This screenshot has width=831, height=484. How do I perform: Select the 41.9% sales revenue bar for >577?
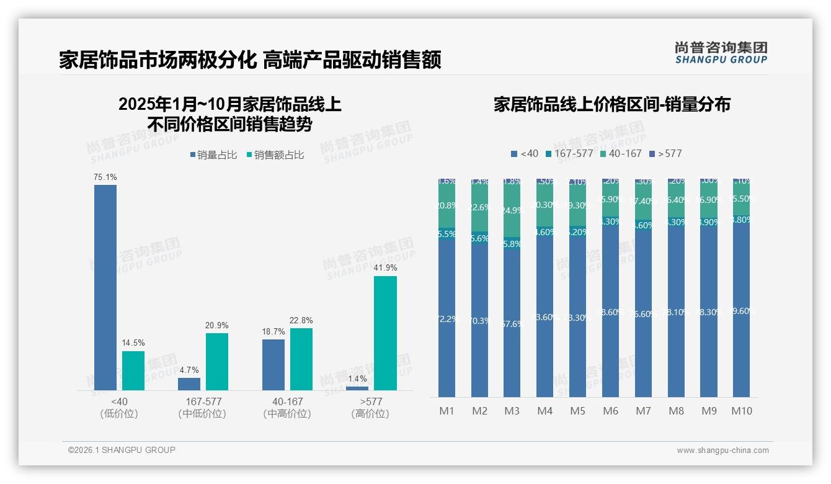pyautogui.click(x=385, y=333)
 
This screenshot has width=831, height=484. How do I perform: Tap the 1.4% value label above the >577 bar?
pyautogui.click(x=357, y=379)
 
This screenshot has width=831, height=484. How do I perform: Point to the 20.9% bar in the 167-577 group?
pyautogui.click(x=217, y=362)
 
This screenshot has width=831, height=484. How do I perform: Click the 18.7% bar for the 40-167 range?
pyautogui.click(x=273, y=365)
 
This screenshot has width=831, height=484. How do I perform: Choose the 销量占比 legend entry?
pyautogui.click(x=213, y=155)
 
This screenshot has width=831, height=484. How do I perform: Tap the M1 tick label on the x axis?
pyautogui.click(x=447, y=411)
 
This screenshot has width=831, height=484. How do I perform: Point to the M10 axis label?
pyautogui.click(x=741, y=411)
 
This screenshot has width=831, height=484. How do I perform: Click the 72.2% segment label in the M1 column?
pyautogui.click(x=447, y=319)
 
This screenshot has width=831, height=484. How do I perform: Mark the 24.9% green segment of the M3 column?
pyautogui.click(x=512, y=210)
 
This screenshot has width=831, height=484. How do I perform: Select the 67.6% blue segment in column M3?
pyautogui.click(x=512, y=324)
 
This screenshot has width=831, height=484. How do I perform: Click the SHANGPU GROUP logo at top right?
pyautogui.click(x=721, y=53)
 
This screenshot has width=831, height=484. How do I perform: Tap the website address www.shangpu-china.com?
pyautogui.click(x=722, y=450)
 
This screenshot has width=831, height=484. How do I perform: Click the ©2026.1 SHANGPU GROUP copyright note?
pyautogui.click(x=122, y=450)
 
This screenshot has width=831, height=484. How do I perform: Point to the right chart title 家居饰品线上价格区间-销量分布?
pyautogui.click(x=611, y=104)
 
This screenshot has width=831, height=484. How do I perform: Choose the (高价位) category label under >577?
pyautogui.click(x=370, y=414)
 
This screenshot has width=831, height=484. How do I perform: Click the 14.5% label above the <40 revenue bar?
pyautogui.click(x=133, y=343)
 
